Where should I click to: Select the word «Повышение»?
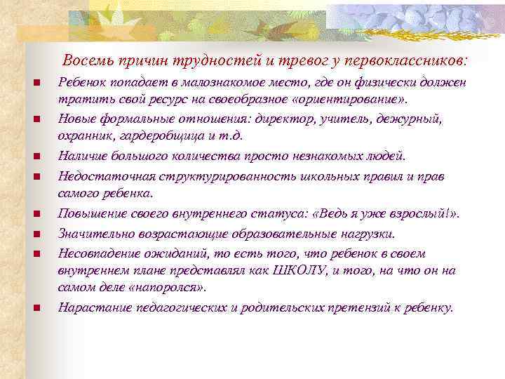88,213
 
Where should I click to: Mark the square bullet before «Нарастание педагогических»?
34,307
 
